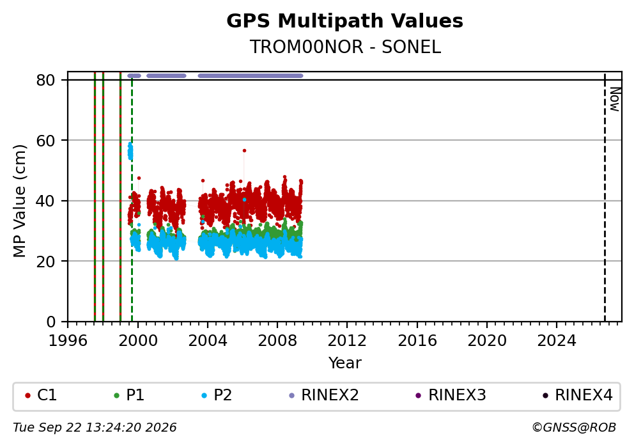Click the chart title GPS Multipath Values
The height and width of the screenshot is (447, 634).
344,21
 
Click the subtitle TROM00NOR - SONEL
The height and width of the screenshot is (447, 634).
345,47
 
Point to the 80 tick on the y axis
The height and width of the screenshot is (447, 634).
45,80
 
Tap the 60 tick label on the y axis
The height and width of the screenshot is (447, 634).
45,141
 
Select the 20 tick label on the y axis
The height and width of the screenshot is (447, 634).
45,262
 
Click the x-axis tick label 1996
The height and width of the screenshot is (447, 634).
68,341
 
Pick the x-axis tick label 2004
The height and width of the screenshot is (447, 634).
208,341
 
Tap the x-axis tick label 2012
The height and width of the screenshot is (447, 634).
347,341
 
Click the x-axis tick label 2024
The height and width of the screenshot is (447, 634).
557,341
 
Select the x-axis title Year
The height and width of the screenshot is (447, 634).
345,363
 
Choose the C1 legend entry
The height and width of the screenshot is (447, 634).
41,395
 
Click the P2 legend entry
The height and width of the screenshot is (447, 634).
217,395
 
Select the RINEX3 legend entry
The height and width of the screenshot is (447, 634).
451,395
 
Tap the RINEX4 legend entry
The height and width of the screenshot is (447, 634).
578,395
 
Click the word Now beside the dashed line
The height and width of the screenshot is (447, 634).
615,100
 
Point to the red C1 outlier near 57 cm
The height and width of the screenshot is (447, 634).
244,150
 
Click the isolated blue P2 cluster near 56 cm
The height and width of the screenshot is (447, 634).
130,152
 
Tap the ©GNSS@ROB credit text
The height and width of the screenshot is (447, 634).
574,428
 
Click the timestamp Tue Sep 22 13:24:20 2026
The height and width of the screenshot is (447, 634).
95,428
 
